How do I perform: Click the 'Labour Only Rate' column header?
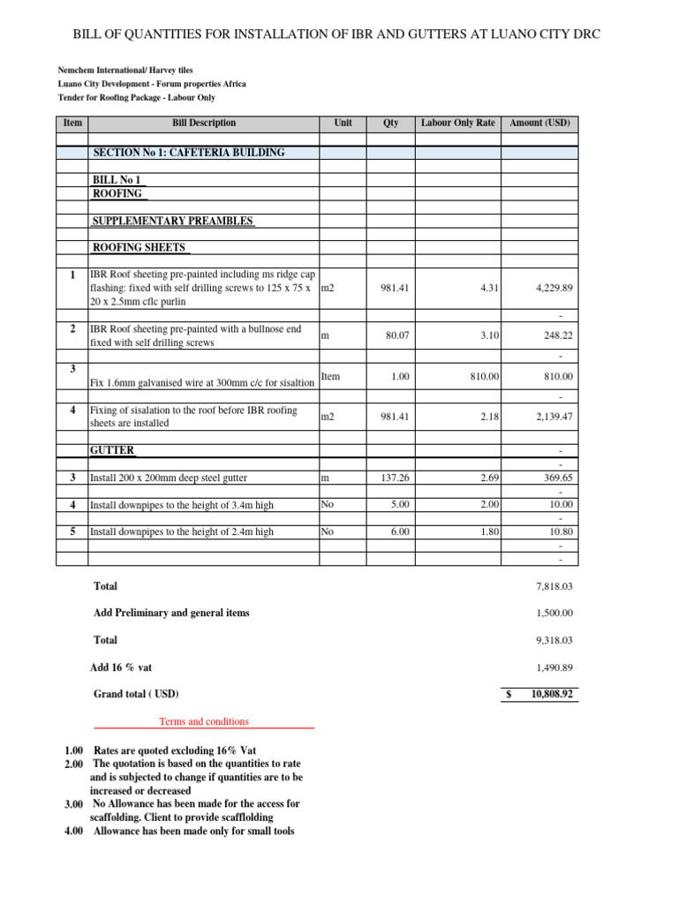(x=458, y=123)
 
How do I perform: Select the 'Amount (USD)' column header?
(x=540, y=123)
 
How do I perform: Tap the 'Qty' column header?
(x=390, y=123)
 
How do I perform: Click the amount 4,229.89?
(x=554, y=288)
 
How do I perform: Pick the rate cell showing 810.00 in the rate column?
(x=482, y=377)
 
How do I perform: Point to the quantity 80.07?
(x=395, y=335)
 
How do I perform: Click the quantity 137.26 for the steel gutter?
(x=394, y=478)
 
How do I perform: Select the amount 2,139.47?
(x=554, y=417)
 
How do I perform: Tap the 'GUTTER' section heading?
(x=112, y=450)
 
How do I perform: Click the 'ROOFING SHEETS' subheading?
(x=140, y=248)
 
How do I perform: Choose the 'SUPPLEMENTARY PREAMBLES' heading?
(x=174, y=222)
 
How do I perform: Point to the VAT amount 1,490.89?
(x=554, y=668)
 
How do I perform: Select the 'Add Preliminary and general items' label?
(x=171, y=613)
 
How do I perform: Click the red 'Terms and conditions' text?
(x=204, y=721)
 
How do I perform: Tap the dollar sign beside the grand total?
(x=508, y=695)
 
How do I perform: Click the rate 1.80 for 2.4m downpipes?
(x=489, y=532)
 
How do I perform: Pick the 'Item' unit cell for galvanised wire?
(x=330, y=377)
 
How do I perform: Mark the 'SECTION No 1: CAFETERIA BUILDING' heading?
(x=189, y=153)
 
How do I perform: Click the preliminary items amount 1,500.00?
(x=554, y=614)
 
